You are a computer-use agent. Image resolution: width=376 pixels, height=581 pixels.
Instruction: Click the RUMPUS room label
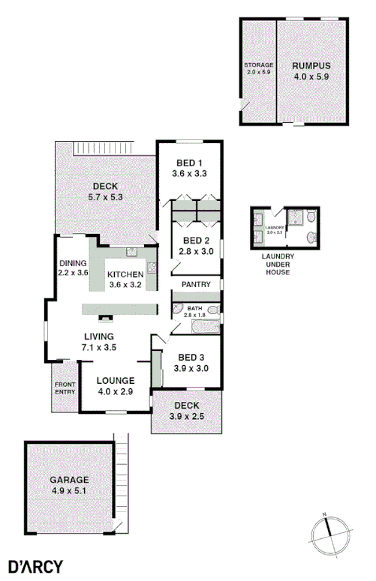311,71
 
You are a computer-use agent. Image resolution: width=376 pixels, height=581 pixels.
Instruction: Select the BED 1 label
189,168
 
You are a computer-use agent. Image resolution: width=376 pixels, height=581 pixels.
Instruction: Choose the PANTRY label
197,285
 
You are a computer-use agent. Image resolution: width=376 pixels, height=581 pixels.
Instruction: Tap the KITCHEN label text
125,279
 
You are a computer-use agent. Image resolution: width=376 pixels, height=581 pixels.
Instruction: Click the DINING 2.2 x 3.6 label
73,268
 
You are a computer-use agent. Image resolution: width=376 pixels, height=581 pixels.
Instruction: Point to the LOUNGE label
116,385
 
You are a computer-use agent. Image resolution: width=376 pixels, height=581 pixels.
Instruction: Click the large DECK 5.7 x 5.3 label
105,192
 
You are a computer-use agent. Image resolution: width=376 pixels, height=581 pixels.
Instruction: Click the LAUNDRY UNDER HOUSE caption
277,264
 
